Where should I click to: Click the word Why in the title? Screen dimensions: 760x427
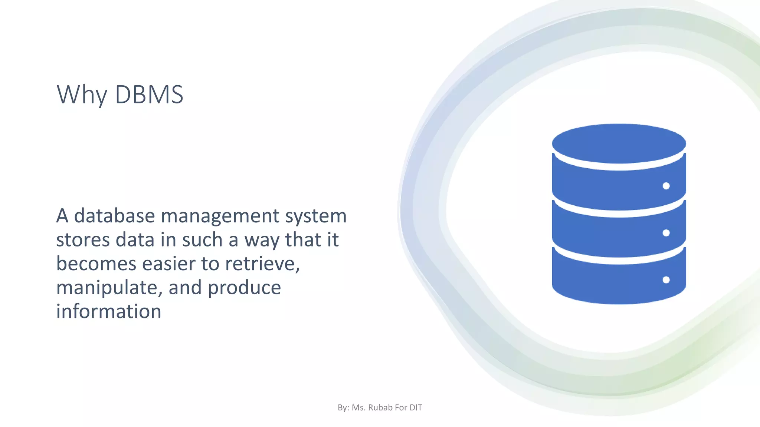[x=82, y=95]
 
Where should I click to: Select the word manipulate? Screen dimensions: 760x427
[x=108, y=288]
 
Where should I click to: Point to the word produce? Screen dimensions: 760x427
[x=244, y=288]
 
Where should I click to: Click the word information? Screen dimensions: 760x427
[x=109, y=311]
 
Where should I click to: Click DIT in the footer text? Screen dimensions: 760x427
[x=416, y=408]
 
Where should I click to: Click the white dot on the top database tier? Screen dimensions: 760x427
[x=666, y=186]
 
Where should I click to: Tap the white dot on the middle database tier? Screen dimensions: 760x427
[x=666, y=233]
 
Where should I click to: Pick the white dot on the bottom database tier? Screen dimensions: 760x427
[x=666, y=280]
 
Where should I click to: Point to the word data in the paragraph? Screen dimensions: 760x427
[x=135, y=240]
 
